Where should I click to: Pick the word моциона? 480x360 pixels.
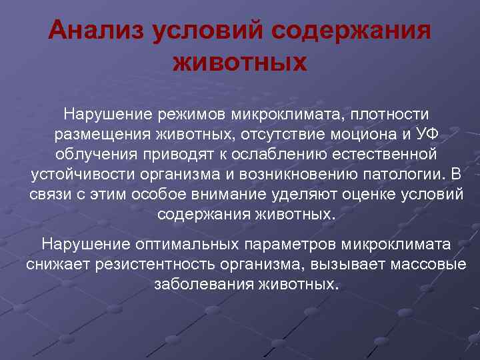365,135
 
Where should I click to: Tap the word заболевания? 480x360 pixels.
203,284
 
